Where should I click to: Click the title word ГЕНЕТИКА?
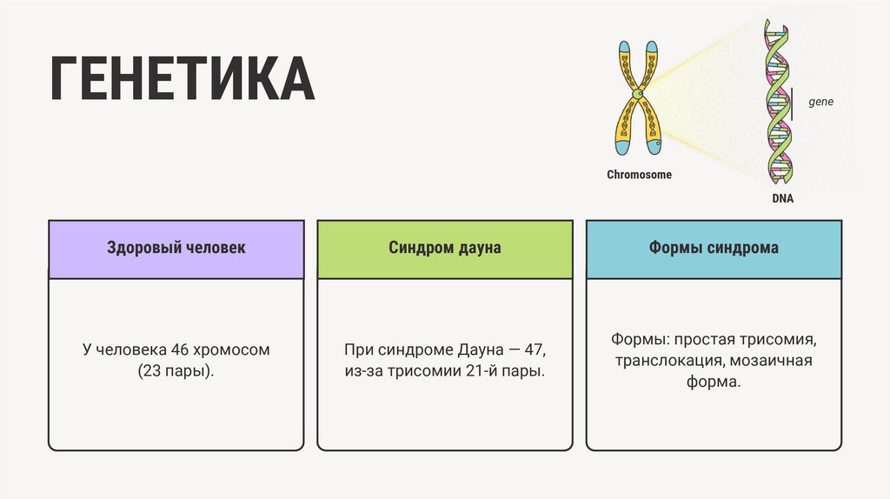[x=182, y=80]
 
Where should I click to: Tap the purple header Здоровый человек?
[x=176, y=248]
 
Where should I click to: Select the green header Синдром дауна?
[x=445, y=248]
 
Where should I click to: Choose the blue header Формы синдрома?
[x=714, y=248]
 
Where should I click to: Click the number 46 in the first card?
[x=180, y=350]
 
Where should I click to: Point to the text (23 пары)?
[x=176, y=371]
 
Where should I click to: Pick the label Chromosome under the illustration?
[x=639, y=175]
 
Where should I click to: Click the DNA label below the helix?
[x=782, y=199]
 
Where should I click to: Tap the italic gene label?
[x=820, y=102]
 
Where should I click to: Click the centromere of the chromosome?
[x=639, y=93]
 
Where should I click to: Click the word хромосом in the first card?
[x=232, y=350]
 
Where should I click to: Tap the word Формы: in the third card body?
[x=638, y=338]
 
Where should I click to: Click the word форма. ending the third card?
[x=714, y=382]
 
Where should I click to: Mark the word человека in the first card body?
[x=131, y=350]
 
